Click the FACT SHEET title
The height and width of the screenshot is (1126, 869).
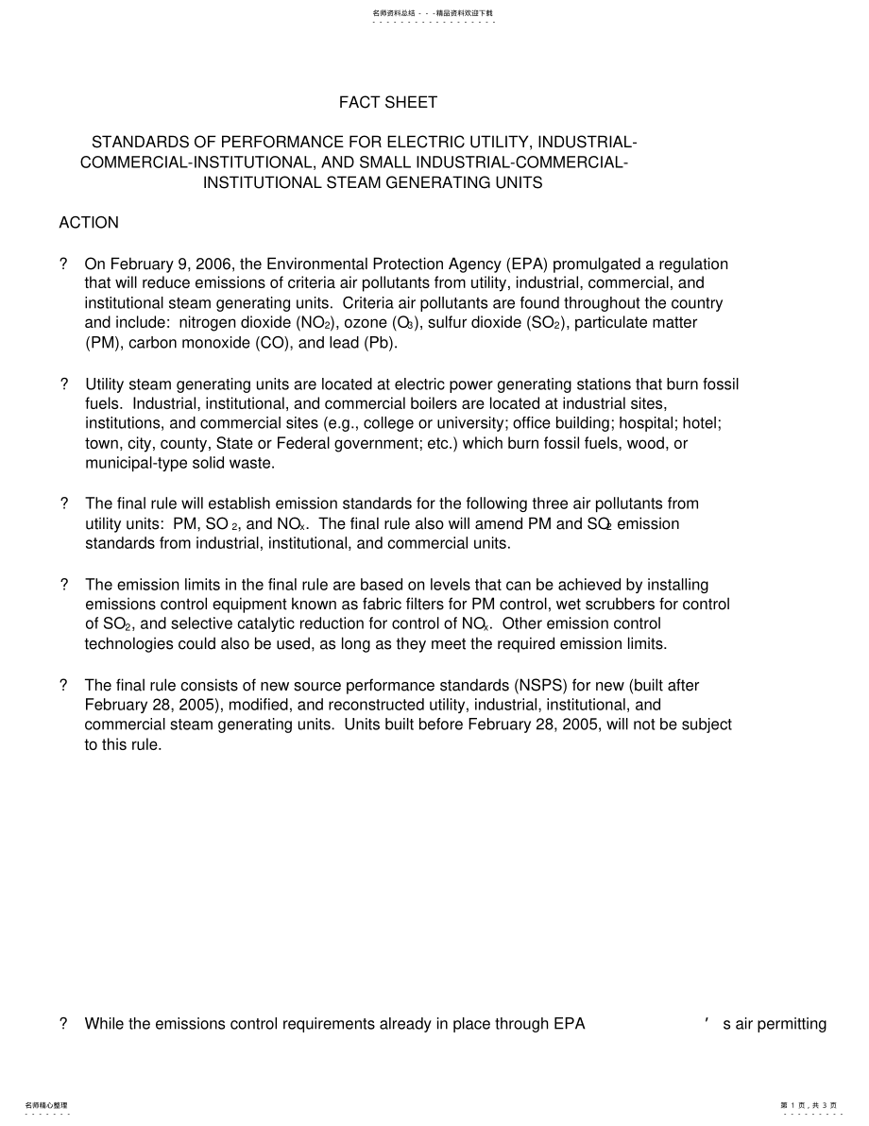click(388, 102)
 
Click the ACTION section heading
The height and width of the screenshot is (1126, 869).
click(89, 223)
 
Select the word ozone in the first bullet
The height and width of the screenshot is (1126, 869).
click(363, 323)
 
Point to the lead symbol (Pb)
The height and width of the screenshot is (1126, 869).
click(381, 343)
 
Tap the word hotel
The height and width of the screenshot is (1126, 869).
click(704, 423)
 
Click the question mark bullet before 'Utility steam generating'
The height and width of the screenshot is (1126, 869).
click(64, 384)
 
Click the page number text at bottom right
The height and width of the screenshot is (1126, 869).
click(809, 1105)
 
